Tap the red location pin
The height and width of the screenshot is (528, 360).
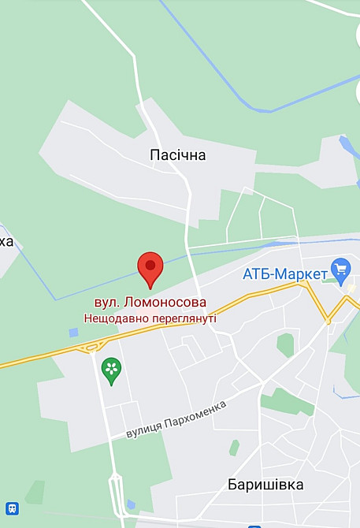pyautogui.click(x=150, y=269)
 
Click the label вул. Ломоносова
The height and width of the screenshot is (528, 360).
pyautogui.click(x=150, y=303)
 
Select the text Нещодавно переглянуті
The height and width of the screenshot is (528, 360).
pyautogui.click(x=150, y=318)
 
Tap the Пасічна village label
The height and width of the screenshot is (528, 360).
pyautogui.click(x=177, y=155)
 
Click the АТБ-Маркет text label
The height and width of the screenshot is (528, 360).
pyautogui.click(x=285, y=274)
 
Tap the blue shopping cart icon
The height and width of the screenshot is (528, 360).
pyautogui.click(x=341, y=270)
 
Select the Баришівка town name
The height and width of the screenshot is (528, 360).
pyautogui.click(x=265, y=484)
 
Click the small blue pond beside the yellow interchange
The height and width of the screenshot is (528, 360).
pyautogui.click(x=73, y=333)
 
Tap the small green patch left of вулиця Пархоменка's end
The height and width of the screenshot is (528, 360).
pyautogui.click(x=234, y=448)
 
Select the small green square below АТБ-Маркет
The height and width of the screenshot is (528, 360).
pyautogui.click(x=285, y=344)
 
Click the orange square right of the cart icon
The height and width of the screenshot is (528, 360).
pyautogui.click(x=351, y=288)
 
